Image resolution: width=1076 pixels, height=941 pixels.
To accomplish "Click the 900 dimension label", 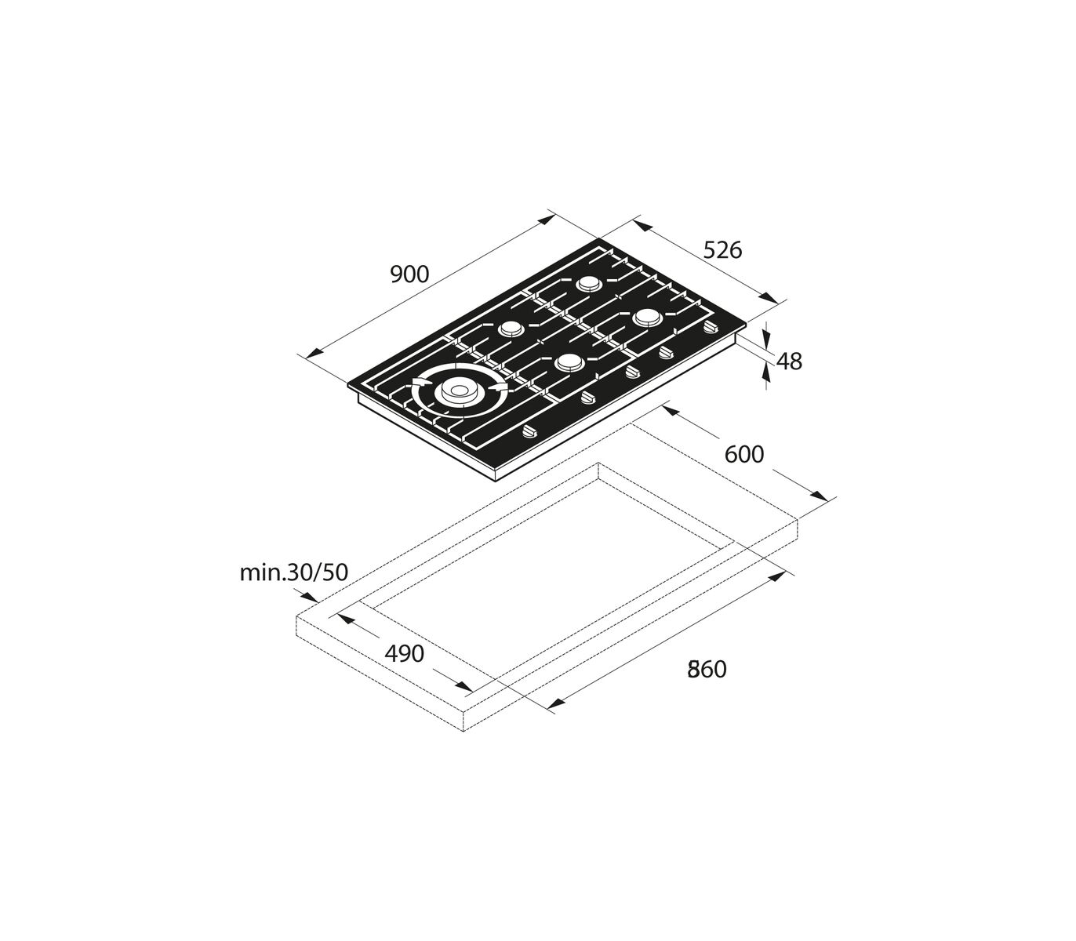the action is coord(409,274).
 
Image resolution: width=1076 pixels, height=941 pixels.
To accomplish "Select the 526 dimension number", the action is coord(722,250).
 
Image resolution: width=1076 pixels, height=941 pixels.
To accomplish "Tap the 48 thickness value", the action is coord(789,362).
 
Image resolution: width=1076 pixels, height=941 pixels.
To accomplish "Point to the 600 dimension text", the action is coord(743,455).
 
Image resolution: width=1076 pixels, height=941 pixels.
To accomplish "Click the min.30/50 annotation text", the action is coord(294,572).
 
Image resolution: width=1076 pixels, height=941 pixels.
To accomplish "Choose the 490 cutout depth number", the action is coord(405,653).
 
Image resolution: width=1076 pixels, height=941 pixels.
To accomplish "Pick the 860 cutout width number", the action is coord(707,669).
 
